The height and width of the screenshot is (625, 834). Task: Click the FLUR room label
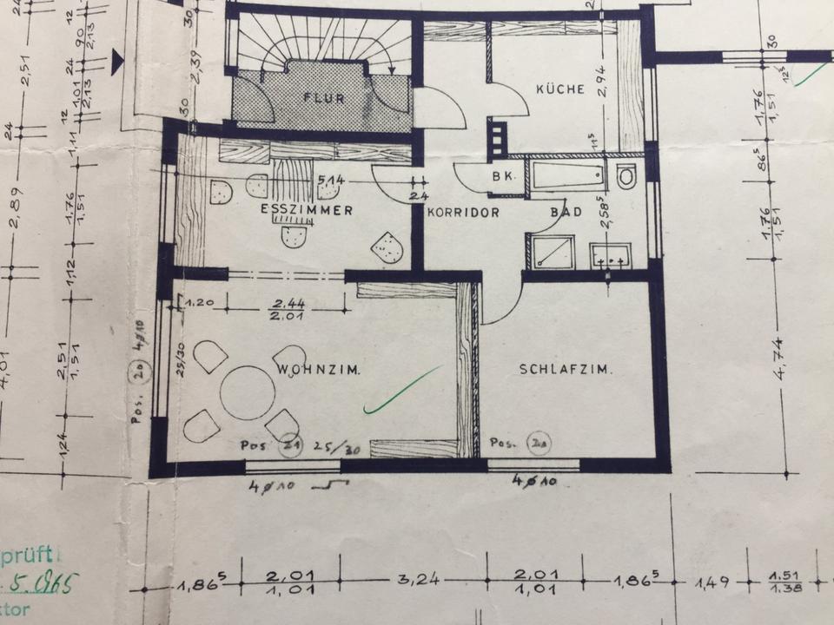click(x=324, y=98)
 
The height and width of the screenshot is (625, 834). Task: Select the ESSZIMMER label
click(x=306, y=211)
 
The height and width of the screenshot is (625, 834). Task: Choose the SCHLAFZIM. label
click(x=566, y=369)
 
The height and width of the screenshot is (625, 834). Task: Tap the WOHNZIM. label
click(x=318, y=370)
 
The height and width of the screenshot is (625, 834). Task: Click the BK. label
click(x=504, y=176)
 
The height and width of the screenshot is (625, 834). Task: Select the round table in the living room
click(x=247, y=392)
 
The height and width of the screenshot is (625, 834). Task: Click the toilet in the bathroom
click(x=625, y=177)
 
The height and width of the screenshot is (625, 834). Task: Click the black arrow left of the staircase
click(x=118, y=59)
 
